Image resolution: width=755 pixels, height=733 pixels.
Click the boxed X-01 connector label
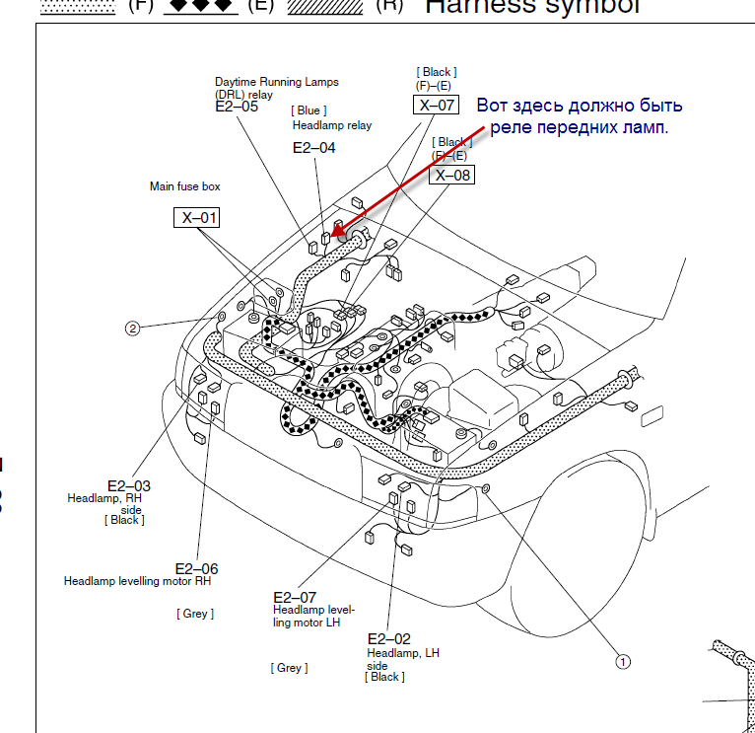click(x=198, y=217)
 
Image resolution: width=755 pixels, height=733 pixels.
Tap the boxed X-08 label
click(x=452, y=175)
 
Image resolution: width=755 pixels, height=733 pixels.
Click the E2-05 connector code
click(x=237, y=107)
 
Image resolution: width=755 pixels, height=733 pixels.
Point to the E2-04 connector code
click(x=314, y=148)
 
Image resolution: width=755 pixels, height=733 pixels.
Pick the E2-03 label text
click(x=129, y=485)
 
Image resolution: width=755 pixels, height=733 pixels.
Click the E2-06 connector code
click(x=196, y=568)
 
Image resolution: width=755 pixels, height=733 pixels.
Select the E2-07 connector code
click(x=295, y=597)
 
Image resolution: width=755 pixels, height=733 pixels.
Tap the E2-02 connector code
click(x=388, y=638)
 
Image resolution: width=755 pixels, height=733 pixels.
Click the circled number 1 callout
click(x=622, y=662)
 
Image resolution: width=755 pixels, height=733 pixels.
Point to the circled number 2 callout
click(x=132, y=329)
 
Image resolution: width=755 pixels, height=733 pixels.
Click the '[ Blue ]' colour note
click(x=309, y=110)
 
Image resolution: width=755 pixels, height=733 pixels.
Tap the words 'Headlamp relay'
click(x=332, y=125)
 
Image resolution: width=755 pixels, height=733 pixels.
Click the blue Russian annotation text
click(x=580, y=116)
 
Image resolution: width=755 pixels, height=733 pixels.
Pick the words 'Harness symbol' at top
click(x=531, y=6)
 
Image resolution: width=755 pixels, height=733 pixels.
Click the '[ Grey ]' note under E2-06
click(x=195, y=614)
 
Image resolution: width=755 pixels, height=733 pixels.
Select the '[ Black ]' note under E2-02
click(x=384, y=677)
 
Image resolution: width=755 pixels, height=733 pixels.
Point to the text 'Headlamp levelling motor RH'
click(x=137, y=581)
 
